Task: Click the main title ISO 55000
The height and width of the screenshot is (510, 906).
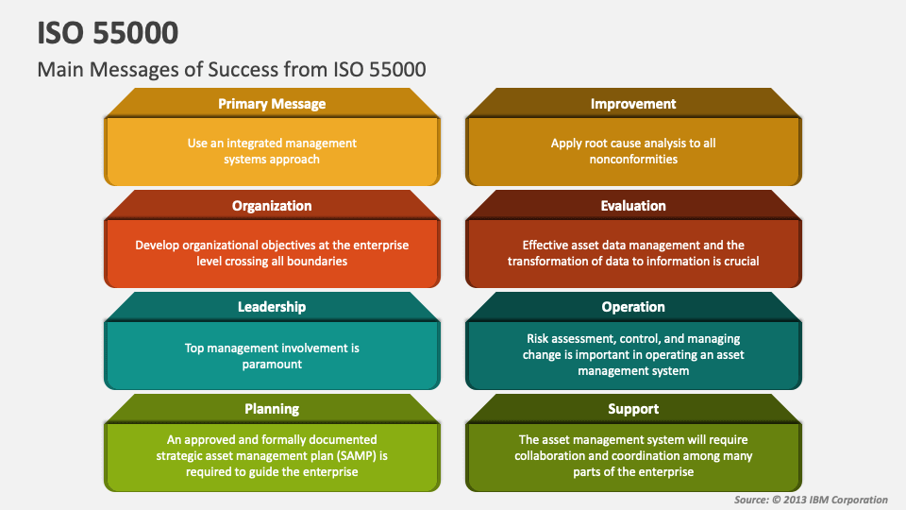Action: (109, 32)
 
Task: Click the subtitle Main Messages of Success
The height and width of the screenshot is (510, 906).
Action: (231, 69)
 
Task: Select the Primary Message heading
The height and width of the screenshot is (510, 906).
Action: (272, 104)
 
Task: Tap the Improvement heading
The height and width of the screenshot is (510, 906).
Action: (633, 104)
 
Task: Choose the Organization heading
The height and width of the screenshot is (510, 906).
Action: (272, 206)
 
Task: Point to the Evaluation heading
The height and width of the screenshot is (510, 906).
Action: (633, 206)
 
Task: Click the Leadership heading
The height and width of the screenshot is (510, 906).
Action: (272, 307)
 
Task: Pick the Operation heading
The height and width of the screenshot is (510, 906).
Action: (633, 307)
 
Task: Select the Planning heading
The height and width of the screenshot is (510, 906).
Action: (272, 409)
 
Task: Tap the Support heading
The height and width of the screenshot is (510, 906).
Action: (633, 409)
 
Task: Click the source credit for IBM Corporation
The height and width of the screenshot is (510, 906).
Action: (811, 500)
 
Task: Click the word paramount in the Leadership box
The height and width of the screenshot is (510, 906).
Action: (272, 364)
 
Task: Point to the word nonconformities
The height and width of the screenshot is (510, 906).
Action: (633, 160)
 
